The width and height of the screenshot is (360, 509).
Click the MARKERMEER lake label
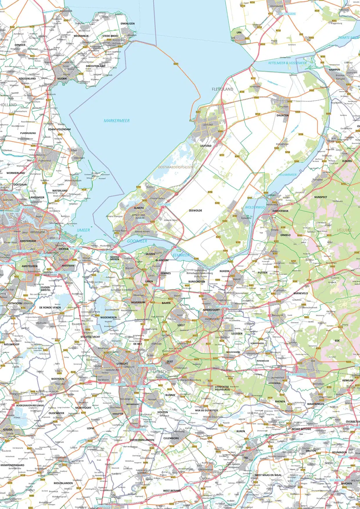click(x=117, y=121)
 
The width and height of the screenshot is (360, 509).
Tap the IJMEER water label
click(x=83, y=230)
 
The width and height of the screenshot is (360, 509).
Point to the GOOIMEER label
click(x=137, y=241)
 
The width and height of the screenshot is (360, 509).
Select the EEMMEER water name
click(x=181, y=255)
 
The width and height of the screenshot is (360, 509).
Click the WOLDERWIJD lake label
click(x=255, y=207)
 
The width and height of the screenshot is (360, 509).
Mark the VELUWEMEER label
click(x=288, y=175)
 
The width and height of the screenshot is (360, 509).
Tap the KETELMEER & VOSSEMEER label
click(x=287, y=63)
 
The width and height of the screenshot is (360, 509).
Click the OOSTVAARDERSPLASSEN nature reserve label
click(x=175, y=167)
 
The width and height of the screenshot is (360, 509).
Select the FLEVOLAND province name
click(x=222, y=89)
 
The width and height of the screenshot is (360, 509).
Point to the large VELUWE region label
click(x=345, y=230)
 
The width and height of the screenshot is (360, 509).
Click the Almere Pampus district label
click(x=114, y=216)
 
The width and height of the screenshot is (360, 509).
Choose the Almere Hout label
click(x=170, y=220)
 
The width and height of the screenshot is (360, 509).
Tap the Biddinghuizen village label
click(x=282, y=144)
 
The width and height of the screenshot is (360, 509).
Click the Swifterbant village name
click(x=255, y=86)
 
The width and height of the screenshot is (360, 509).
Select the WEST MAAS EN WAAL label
click(x=268, y=475)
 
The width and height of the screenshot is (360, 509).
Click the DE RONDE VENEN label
click(x=50, y=307)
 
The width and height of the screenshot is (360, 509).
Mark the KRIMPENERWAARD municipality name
click(x=12, y=465)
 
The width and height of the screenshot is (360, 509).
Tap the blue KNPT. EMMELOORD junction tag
click(x=287, y=14)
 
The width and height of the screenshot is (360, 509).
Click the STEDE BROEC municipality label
click(x=110, y=36)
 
